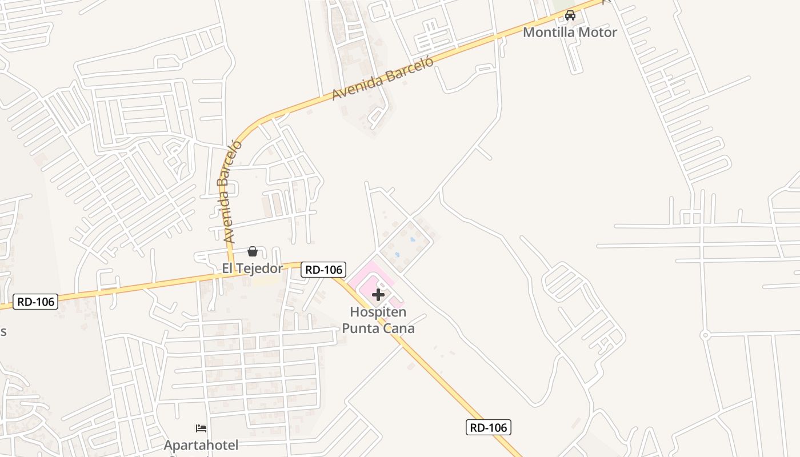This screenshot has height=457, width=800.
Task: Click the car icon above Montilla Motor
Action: [x=570, y=15]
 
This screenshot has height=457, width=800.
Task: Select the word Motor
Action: [x=598, y=32]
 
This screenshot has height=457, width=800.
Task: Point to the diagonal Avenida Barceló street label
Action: [x=382, y=79]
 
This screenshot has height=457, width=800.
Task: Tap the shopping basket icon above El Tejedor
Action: [x=252, y=251]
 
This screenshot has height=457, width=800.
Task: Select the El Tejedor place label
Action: [x=252, y=268]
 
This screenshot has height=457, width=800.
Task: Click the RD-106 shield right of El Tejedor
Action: [x=323, y=270]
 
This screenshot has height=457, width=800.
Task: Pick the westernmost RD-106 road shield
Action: [x=35, y=301]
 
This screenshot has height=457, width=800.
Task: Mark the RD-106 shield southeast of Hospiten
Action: [x=488, y=427]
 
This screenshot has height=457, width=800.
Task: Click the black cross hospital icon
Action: [x=378, y=295]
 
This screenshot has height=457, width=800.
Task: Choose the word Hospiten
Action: [x=378, y=312]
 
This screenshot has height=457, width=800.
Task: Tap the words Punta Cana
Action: [x=378, y=328]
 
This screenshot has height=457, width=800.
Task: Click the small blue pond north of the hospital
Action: [x=412, y=239]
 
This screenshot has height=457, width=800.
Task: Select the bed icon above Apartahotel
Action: [x=201, y=428]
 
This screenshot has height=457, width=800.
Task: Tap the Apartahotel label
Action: [x=201, y=444]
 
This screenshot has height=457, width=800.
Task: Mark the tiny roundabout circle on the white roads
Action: [x=705, y=335]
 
